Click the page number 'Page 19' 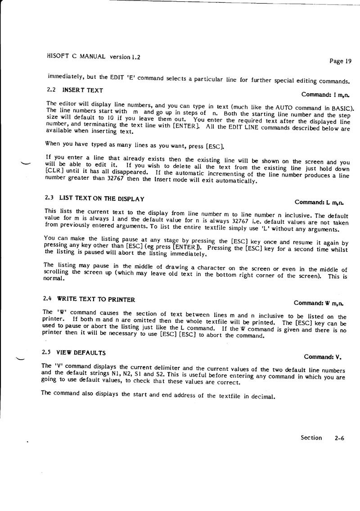340,61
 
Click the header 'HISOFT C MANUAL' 76,57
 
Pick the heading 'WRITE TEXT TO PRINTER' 96,299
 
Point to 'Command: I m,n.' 325,95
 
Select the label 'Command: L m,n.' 322,202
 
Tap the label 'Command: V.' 323,357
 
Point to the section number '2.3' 49,198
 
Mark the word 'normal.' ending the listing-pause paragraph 54,278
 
